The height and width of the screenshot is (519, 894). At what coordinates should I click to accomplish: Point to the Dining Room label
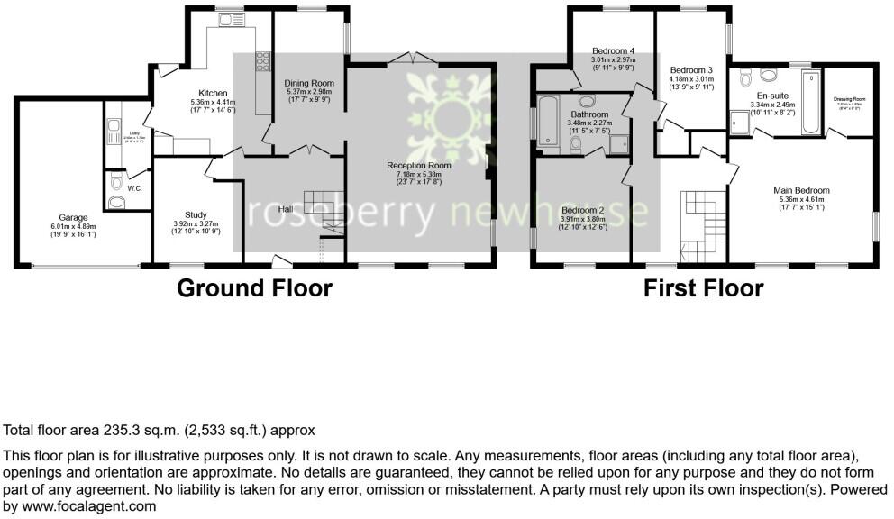309,83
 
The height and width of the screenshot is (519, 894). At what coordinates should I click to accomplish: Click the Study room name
196,214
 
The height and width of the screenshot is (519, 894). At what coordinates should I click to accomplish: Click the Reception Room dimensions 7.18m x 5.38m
418,174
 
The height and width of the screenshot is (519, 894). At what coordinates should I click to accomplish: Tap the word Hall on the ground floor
285,209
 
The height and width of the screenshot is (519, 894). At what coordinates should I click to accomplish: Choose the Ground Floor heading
254,288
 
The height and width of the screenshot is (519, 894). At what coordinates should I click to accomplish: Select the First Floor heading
703,288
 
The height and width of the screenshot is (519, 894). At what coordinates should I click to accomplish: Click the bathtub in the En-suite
809,103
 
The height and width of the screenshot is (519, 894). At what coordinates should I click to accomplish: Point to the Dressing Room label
849,99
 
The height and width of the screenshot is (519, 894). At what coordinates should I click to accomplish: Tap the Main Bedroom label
801,190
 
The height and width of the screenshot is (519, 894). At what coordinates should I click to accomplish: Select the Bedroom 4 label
613,50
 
